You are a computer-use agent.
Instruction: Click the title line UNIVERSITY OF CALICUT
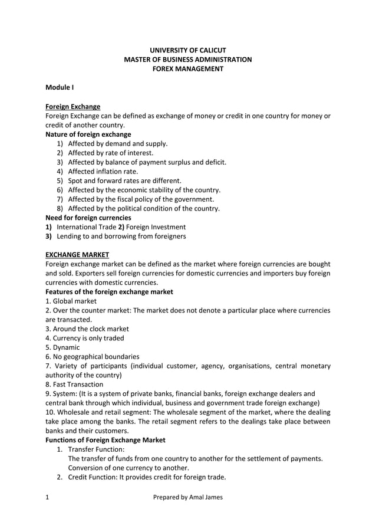click(188, 50)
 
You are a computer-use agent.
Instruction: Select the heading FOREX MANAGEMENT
click(188, 69)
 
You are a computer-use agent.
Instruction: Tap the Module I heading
click(60, 88)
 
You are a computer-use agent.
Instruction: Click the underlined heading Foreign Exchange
click(72, 107)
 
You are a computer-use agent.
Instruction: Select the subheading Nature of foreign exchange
click(88, 134)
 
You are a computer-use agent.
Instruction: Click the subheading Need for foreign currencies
click(88, 218)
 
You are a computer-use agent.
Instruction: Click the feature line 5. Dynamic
click(62, 347)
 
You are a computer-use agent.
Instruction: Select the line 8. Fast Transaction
click(74, 385)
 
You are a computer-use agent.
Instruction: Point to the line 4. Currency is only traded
click(85, 338)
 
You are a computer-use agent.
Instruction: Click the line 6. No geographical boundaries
click(93, 356)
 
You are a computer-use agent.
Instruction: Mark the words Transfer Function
click(96, 449)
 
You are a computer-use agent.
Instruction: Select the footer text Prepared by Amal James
click(188, 497)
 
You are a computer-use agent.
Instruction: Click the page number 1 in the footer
click(48, 497)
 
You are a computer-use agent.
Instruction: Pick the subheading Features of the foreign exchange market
click(109, 291)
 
